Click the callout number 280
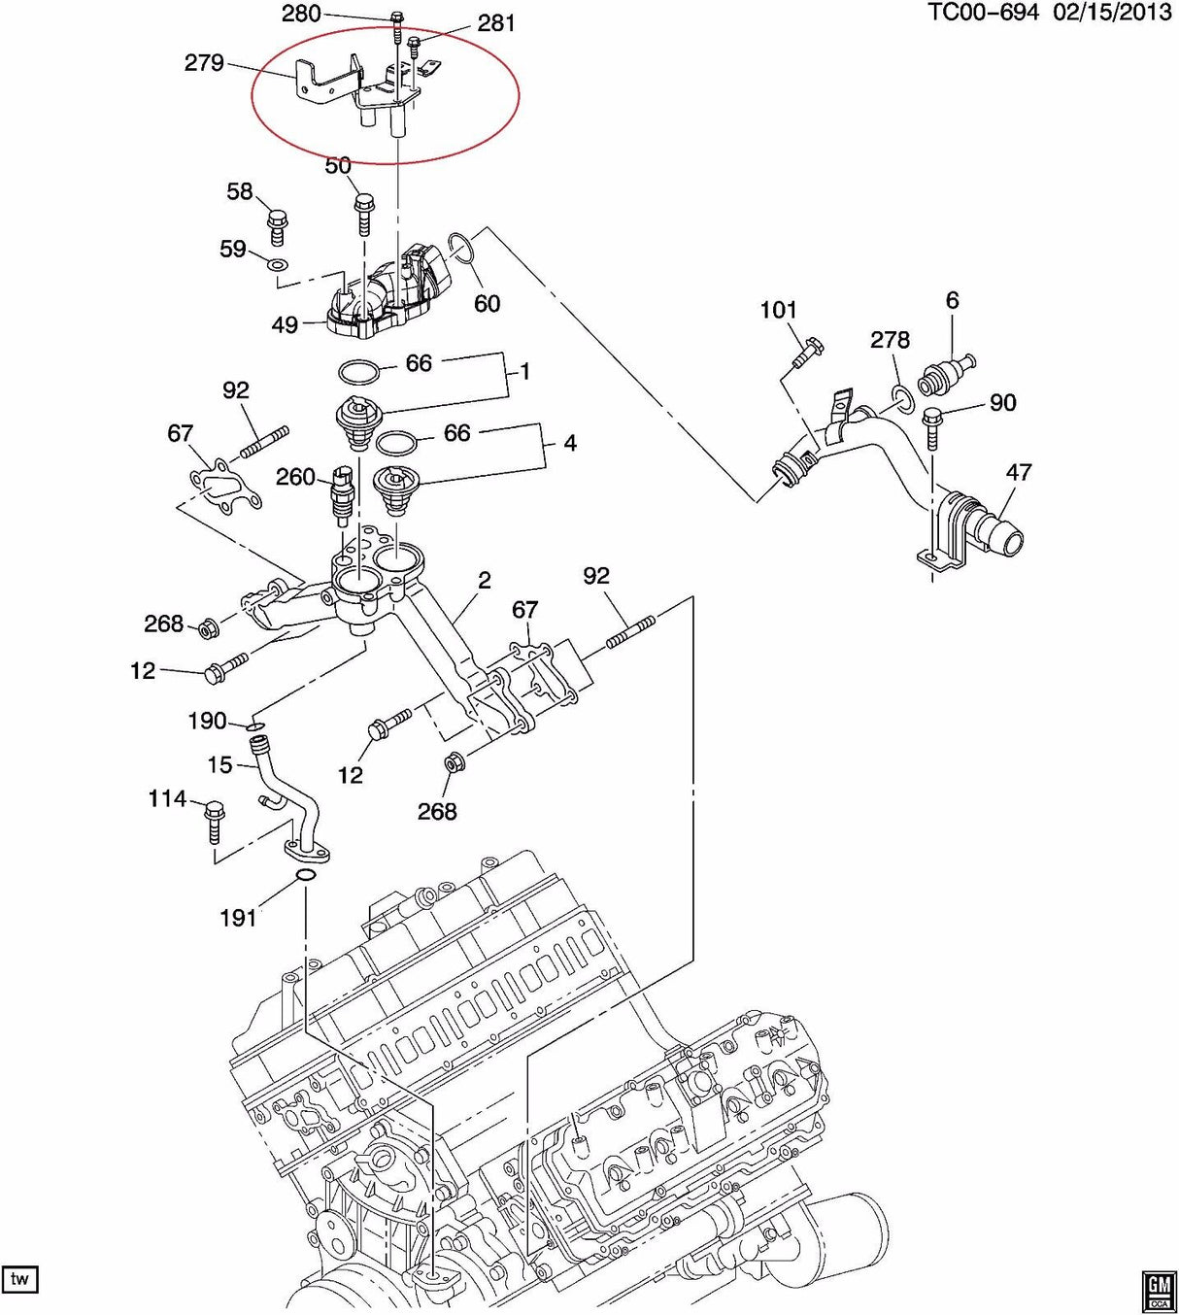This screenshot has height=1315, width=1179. pyautogui.click(x=300, y=14)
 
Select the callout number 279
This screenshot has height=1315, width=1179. pyautogui.click(x=204, y=63)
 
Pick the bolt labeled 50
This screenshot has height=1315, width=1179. pyautogui.click(x=364, y=211)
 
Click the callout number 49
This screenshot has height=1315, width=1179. pyautogui.click(x=285, y=324)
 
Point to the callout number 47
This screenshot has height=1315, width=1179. pyautogui.click(x=1019, y=473)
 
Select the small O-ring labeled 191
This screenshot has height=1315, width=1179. pyautogui.click(x=305, y=878)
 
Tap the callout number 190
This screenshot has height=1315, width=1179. pyautogui.click(x=207, y=721)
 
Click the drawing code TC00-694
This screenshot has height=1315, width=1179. pyautogui.click(x=983, y=13)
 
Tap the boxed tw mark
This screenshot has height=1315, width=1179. pyautogui.click(x=19, y=1279)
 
